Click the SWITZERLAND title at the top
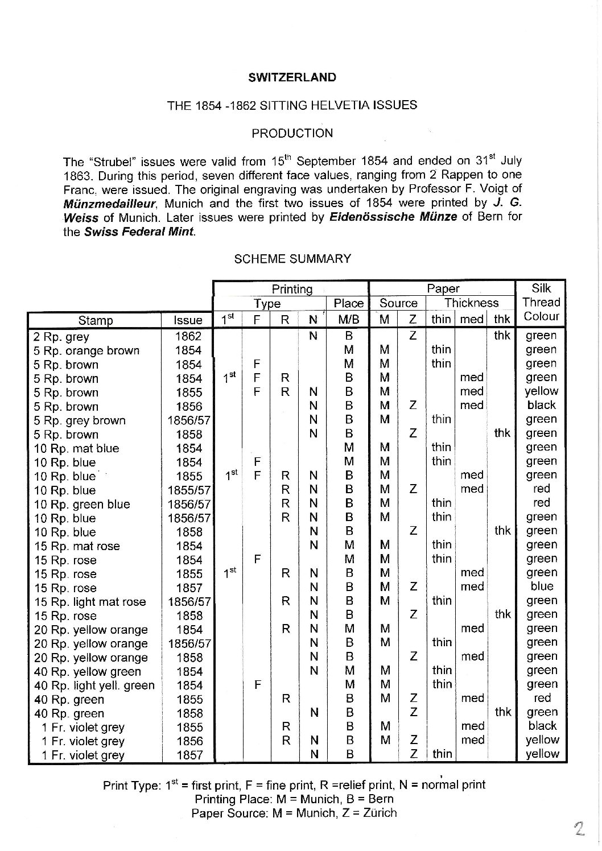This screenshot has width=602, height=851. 292,77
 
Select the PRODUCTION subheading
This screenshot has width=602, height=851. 292,133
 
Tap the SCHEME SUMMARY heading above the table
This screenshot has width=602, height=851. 292,259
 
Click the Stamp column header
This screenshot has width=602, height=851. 95,321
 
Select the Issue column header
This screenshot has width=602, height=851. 188,321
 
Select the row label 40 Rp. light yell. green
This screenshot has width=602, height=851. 94,685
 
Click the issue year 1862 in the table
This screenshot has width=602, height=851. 188,337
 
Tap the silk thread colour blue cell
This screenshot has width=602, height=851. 541,586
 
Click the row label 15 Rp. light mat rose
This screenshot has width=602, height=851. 90,602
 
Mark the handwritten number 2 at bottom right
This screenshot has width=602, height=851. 580,828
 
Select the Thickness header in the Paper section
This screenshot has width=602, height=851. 471,303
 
